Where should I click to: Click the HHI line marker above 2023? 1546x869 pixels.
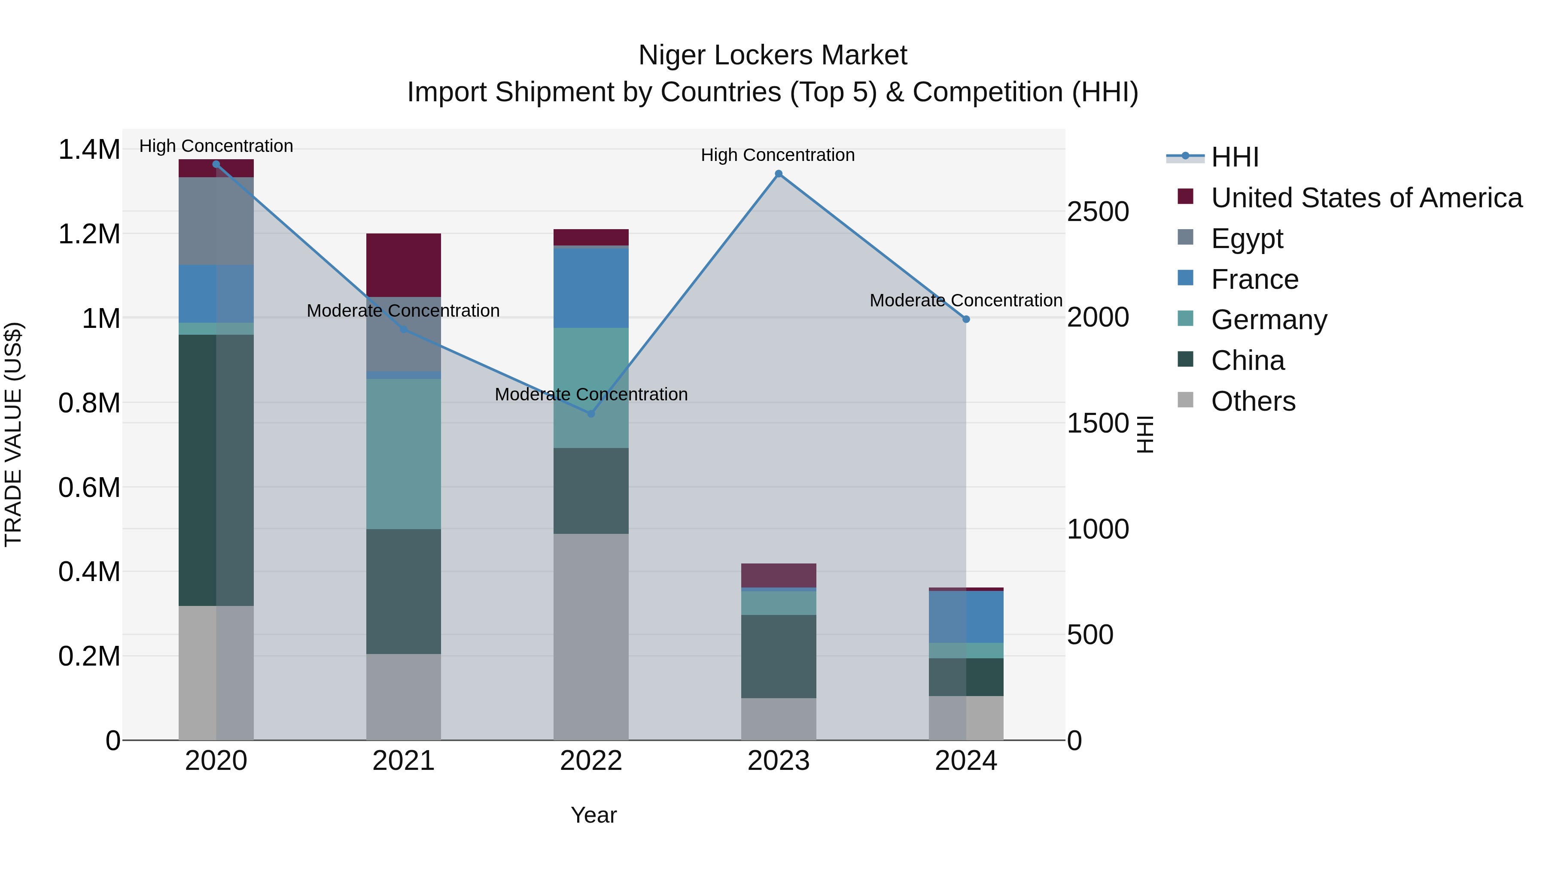click(779, 174)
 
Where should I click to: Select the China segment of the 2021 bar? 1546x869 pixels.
click(403, 591)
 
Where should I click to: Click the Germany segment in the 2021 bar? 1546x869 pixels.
click(403, 454)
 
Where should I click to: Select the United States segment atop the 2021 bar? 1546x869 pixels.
click(403, 265)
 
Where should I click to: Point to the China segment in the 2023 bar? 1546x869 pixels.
click(779, 657)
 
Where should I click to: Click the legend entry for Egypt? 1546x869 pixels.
click(1247, 239)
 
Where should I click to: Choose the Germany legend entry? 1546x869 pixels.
click(1269, 320)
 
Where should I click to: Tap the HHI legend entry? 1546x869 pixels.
click(1235, 157)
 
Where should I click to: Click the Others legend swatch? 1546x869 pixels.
click(1185, 400)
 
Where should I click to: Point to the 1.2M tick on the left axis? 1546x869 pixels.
click(89, 234)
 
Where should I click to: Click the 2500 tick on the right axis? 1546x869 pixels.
click(1098, 212)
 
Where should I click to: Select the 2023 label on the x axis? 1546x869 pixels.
click(779, 761)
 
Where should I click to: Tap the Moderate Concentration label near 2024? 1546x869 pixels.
click(966, 300)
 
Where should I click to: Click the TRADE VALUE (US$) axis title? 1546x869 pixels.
click(13, 434)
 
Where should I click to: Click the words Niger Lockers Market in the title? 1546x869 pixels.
click(773, 55)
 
